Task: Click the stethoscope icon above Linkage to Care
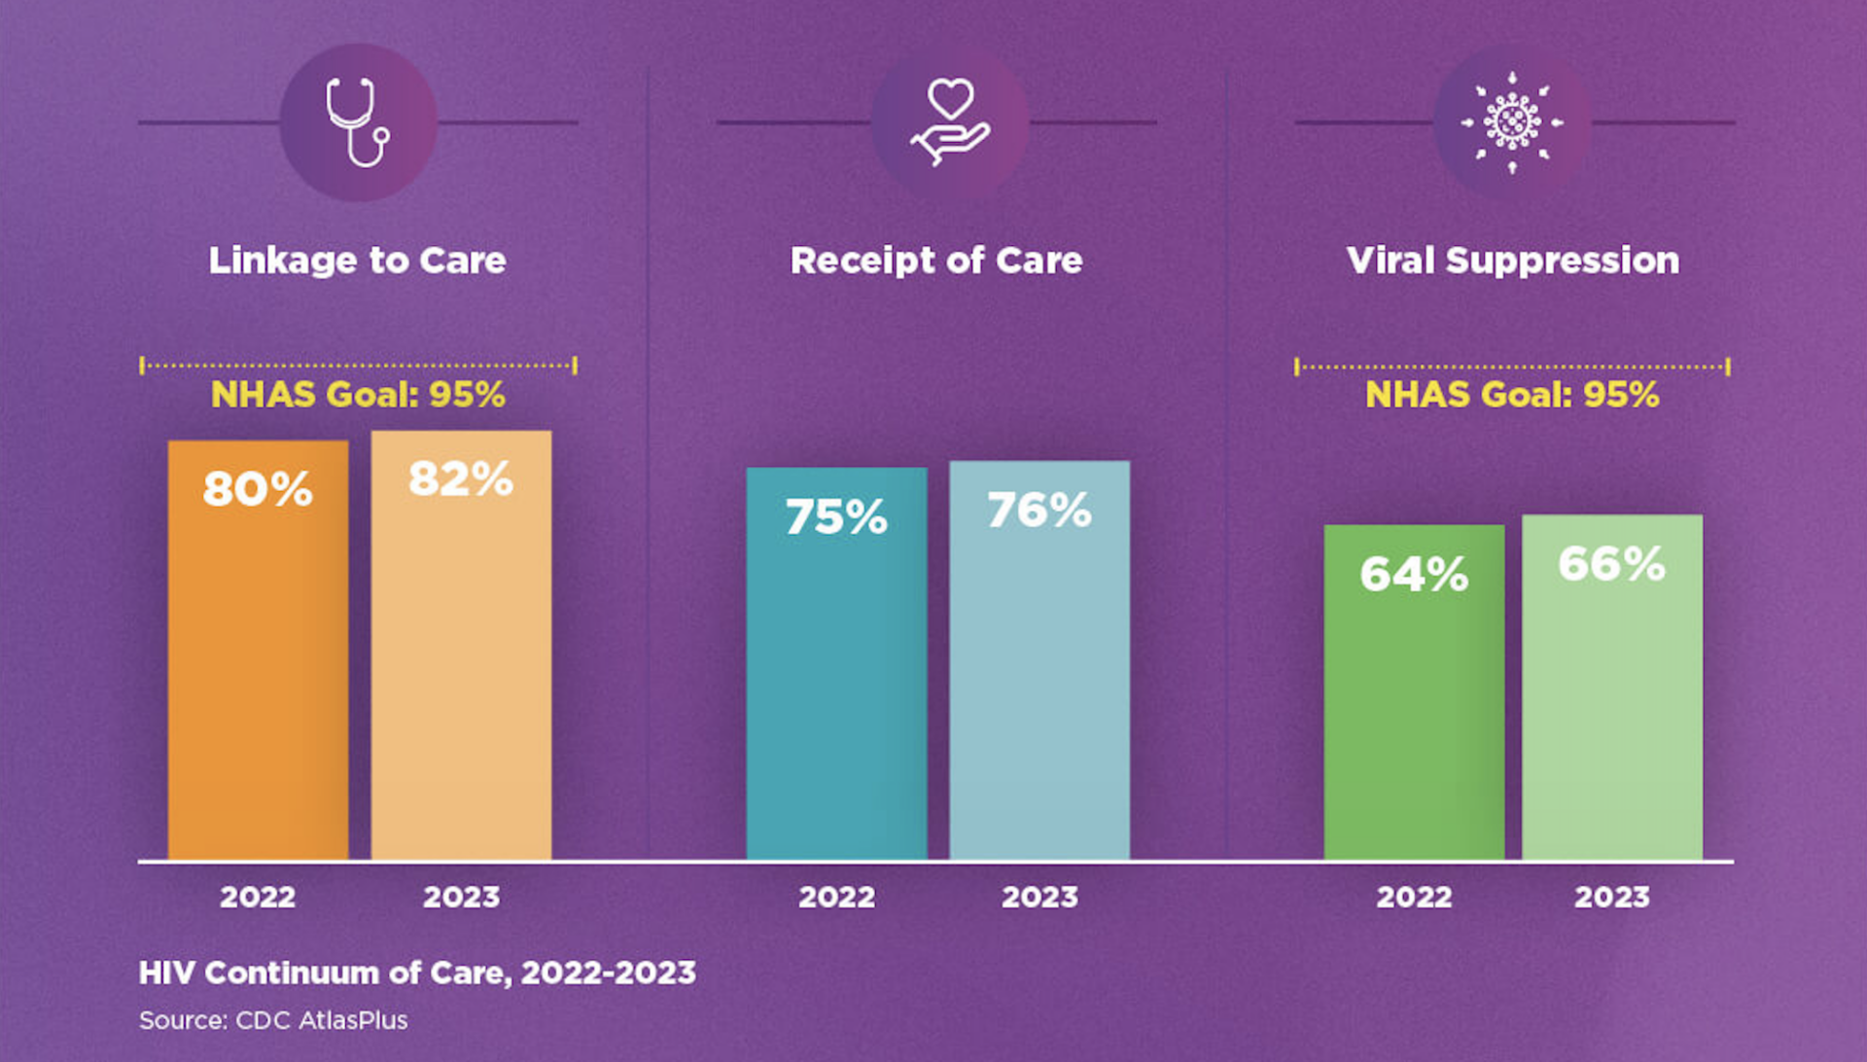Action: tap(358, 123)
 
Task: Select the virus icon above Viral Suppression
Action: tap(1512, 123)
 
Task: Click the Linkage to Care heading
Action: tap(358, 261)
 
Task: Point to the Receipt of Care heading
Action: tap(935, 261)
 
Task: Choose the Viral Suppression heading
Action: tap(1512, 261)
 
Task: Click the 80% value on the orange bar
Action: tap(258, 488)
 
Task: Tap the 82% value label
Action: tap(461, 478)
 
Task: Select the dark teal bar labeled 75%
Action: tap(836, 681)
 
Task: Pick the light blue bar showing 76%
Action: tap(1039, 681)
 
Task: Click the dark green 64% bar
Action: tap(1414, 710)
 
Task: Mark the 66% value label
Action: tap(1611, 564)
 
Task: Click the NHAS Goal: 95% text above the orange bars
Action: tap(358, 395)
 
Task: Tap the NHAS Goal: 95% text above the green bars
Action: tap(1512, 395)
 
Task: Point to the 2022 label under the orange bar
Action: tap(258, 897)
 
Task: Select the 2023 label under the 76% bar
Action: tap(1039, 897)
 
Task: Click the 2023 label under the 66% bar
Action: tap(1611, 897)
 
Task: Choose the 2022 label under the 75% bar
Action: tap(836, 897)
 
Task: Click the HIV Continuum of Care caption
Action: tap(417, 973)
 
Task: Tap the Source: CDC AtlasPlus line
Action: tap(273, 1020)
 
